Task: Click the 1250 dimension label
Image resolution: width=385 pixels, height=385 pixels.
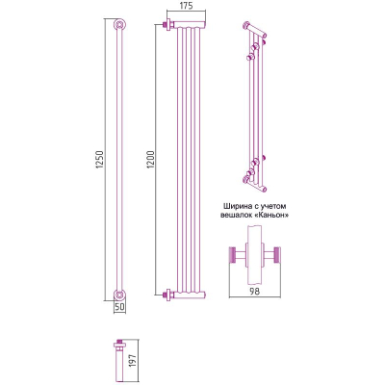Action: point(100,160)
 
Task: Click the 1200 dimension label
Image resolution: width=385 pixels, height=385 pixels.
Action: point(151,160)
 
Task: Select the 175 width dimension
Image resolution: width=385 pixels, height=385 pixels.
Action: point(185,6)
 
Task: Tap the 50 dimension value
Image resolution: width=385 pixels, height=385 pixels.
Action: point(119,306)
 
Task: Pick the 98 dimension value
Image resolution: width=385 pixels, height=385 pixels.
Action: point(255,292)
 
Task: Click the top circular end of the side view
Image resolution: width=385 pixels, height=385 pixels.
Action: point(119,25)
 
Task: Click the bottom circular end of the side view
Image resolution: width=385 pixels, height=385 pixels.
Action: point(119,295)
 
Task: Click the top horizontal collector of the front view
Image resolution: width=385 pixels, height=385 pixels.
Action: point(190,25)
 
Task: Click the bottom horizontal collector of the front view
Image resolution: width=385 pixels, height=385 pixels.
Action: point(190,295)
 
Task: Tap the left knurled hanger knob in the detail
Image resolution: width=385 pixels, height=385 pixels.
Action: point(233,255)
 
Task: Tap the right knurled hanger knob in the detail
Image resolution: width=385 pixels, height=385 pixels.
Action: point(277,255)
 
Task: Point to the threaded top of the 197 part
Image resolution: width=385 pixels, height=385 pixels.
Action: point(119,341)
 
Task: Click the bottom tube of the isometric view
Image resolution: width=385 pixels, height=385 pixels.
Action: point(255,185)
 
